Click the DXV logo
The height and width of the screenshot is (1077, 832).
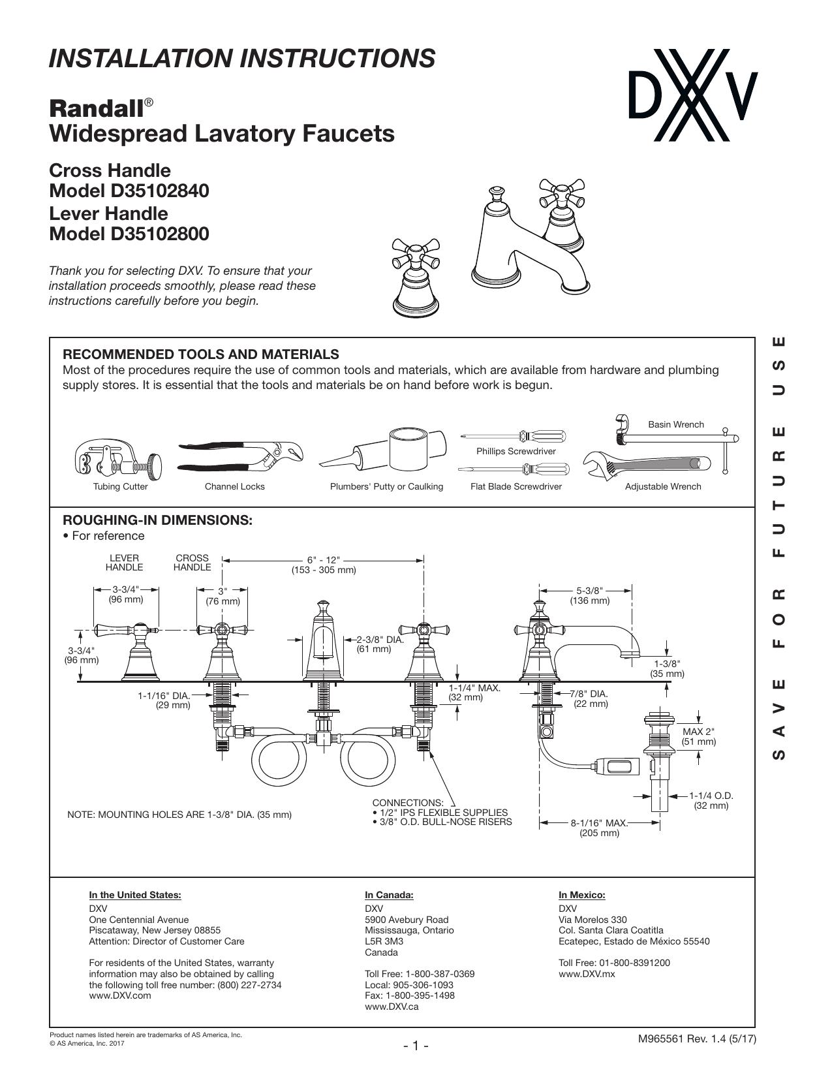pos(693,95)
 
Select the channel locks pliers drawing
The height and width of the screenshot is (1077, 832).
pos(240,456)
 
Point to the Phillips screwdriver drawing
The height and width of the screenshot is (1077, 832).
pos(514,437)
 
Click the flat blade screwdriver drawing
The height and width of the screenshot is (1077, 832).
pos(514,469)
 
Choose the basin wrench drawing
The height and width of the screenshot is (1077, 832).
pos(677,439)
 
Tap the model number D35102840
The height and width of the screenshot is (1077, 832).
pos(160,191)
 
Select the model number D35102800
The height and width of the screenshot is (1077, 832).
pos(160,234)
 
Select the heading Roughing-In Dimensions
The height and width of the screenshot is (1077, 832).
pos(157,520)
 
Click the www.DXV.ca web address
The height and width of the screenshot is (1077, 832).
pos(392,1007)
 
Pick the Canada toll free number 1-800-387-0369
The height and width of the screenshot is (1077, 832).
pos(440,974)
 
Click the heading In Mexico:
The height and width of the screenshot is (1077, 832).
pos(582,895)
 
